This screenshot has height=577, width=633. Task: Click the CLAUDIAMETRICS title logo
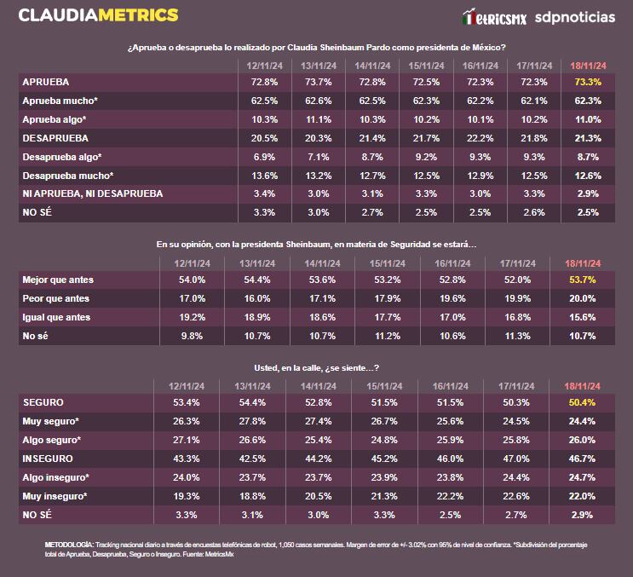98,15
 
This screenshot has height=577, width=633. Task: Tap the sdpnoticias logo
574,17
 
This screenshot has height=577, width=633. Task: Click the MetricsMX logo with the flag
491,17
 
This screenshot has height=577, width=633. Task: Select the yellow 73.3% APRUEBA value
587,82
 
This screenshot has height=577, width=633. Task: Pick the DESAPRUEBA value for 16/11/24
480,138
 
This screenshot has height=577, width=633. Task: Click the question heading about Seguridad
316,245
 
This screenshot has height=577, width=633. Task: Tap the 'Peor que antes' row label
56,299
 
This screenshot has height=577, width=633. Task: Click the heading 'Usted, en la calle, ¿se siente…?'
316,368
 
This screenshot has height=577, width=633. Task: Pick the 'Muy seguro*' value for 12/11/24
186,421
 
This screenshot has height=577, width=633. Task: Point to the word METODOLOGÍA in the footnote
68,544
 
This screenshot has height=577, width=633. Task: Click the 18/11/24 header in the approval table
587,65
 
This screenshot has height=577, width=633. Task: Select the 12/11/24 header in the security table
191,263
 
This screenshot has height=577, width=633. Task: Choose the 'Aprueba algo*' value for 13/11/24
317,119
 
